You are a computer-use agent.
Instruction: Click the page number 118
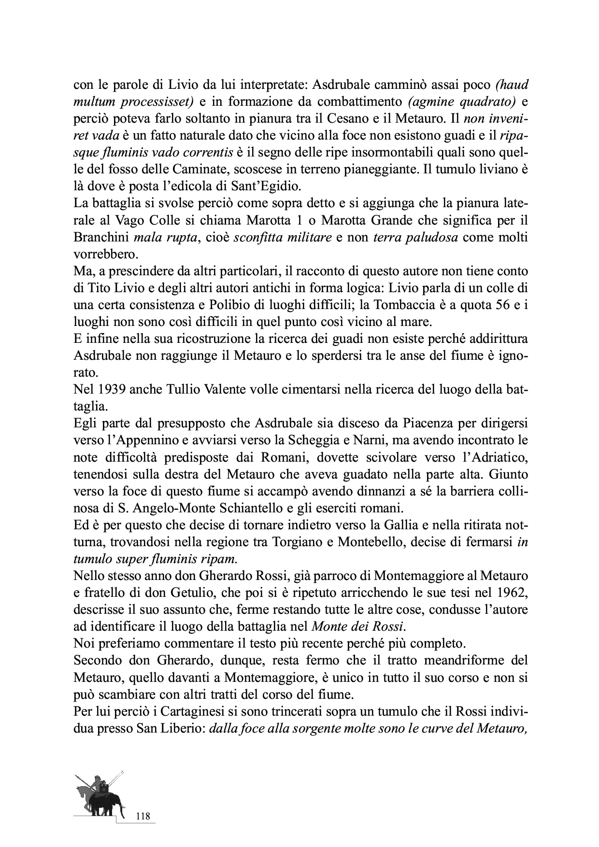143,817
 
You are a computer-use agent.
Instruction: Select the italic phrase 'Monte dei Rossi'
357,626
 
